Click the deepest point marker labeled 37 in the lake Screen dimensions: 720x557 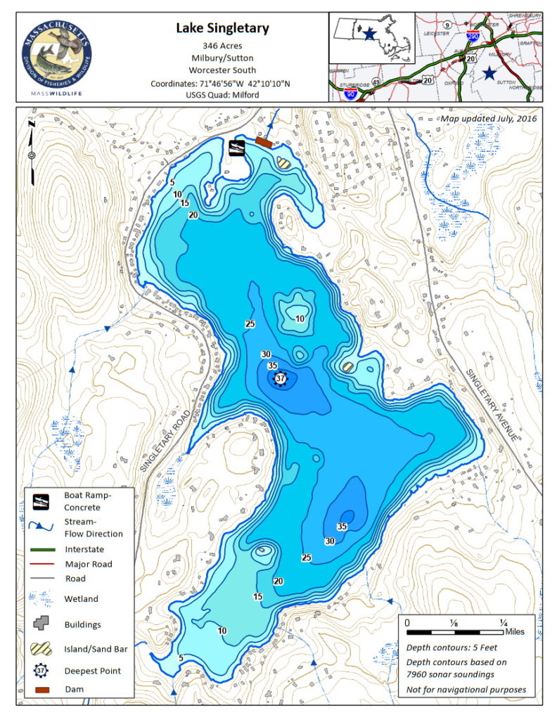(x=281, y=379)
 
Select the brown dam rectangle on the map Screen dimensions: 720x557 (x=264, y=142)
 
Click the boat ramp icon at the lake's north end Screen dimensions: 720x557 (x=237, y=147)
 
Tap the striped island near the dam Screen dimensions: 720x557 (x=283, y=162)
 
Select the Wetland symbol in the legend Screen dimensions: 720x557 (x=44, y=598)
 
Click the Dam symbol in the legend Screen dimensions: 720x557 (x=44, y=689)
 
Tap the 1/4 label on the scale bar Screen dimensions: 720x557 (x=503, y=622)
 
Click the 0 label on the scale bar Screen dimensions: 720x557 (x=409, y=622)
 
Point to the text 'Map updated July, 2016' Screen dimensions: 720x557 (x=488, y=119)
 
